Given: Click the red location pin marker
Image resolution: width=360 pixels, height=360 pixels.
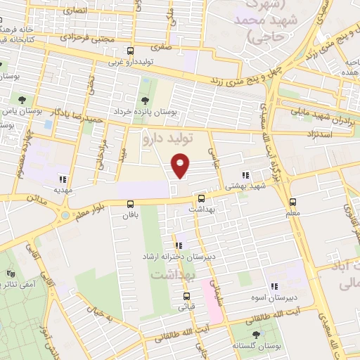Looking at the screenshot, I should pos(181,165).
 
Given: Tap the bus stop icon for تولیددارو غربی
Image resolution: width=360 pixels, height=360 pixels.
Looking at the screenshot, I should pos(129,51).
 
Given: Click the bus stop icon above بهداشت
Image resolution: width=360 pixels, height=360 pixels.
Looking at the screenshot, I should pos(201,199).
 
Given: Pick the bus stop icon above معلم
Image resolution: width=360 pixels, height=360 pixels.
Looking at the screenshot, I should pos(292,202).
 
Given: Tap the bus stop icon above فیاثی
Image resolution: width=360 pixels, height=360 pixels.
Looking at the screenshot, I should pos(186,296).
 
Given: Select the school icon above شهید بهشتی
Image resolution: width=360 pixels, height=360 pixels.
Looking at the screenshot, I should pos(245,176).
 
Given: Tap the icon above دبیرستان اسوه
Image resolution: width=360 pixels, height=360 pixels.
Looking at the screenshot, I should pos(274,286).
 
